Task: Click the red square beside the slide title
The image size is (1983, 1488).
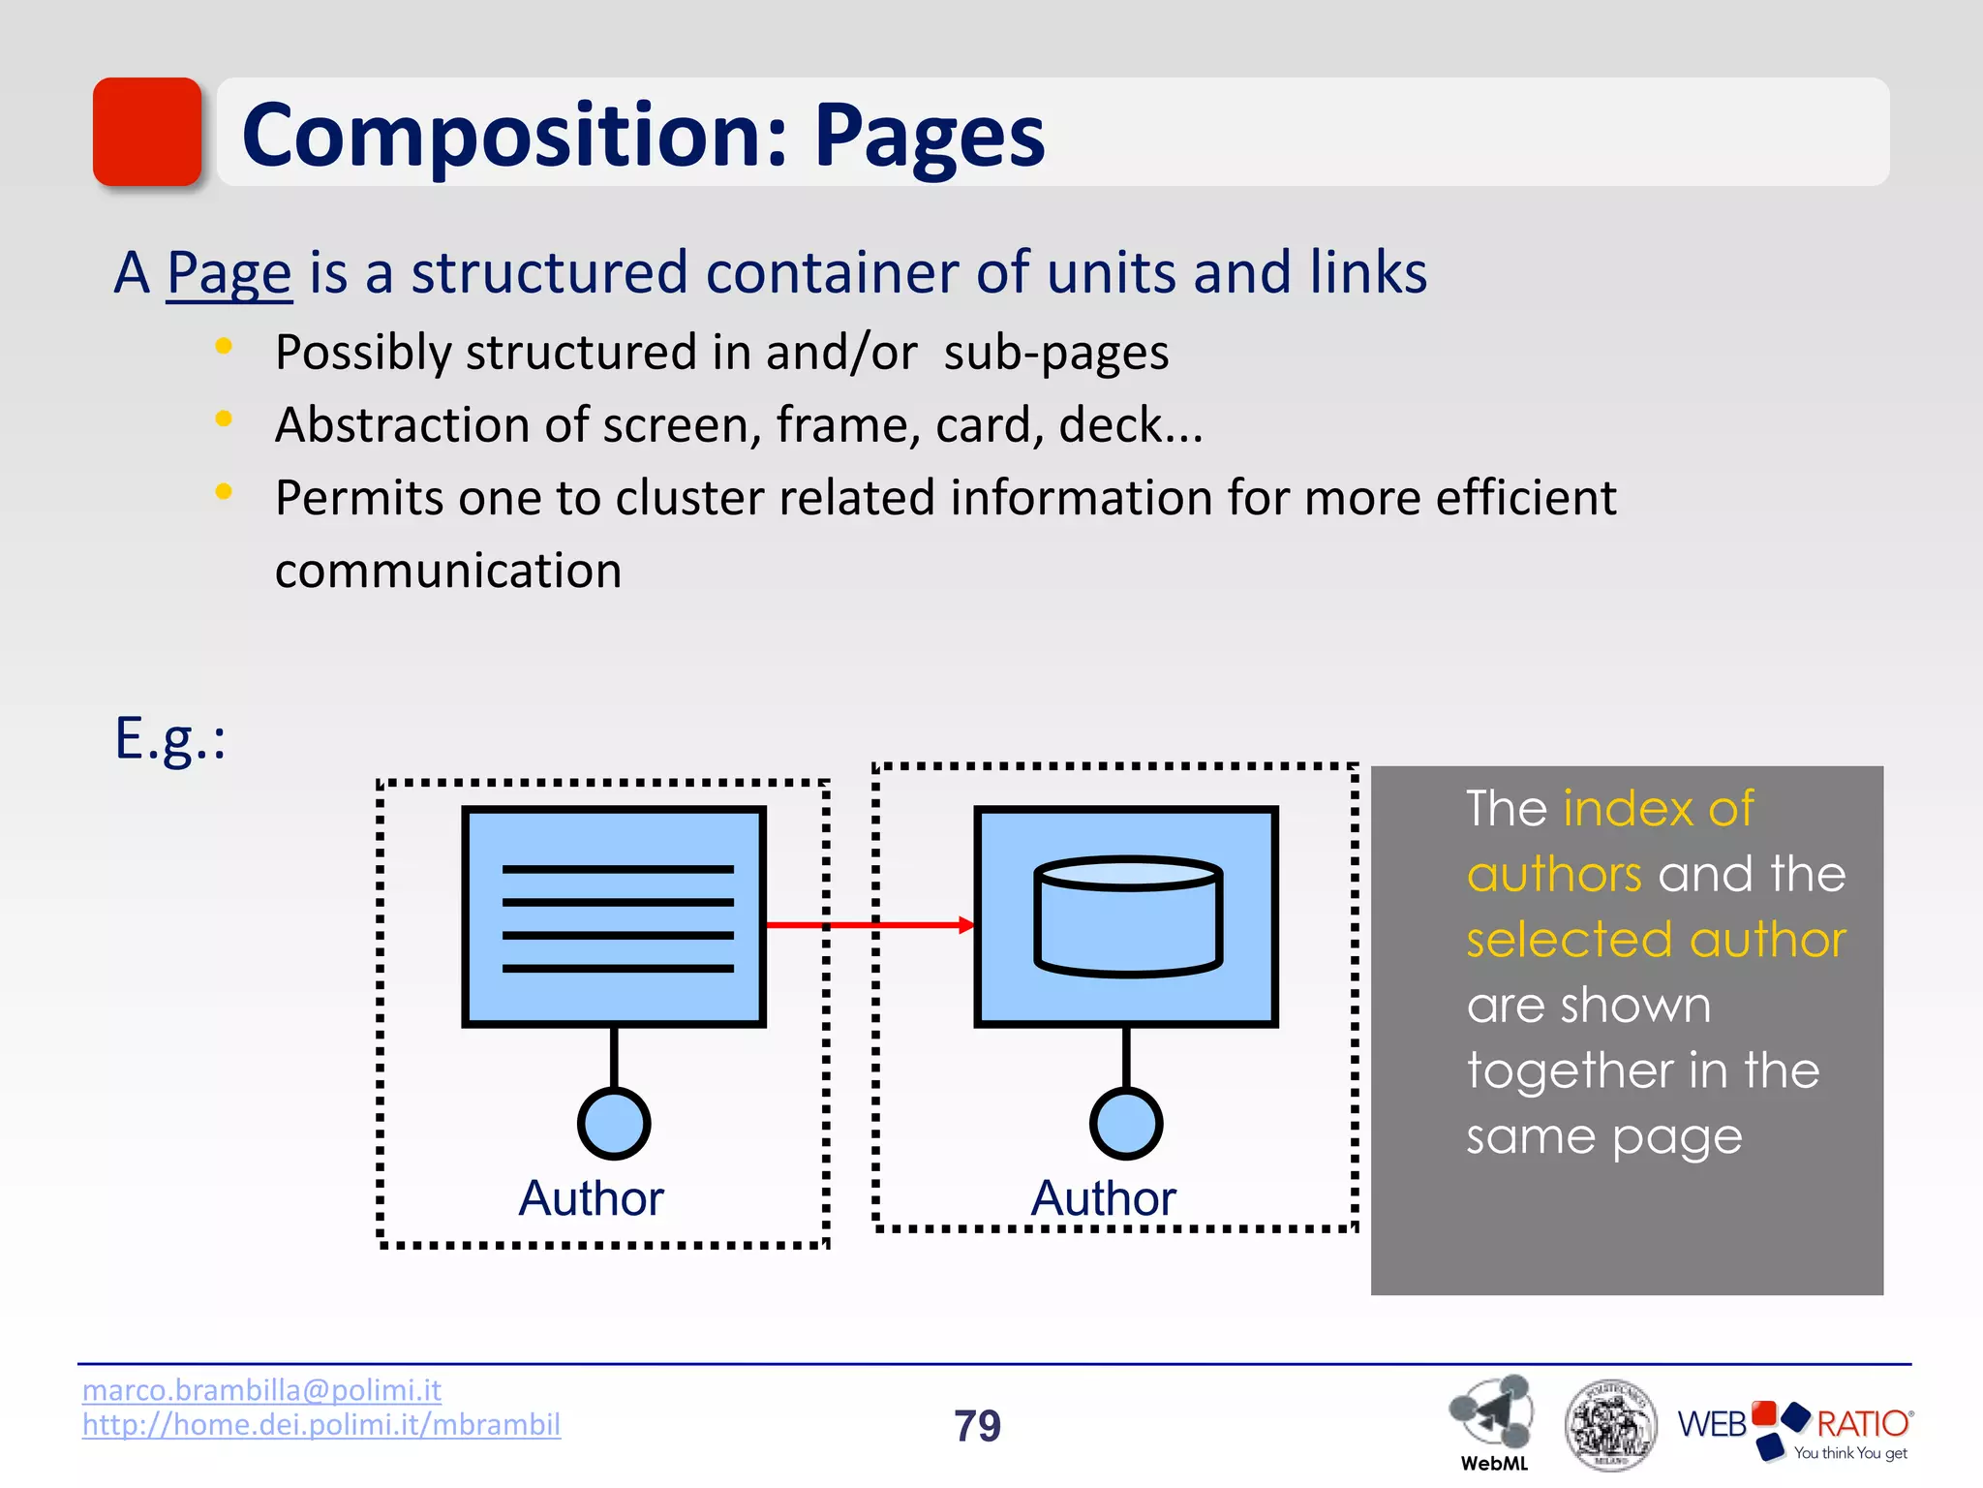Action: click(147, 132)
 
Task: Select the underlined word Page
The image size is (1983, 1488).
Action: click(229, 273)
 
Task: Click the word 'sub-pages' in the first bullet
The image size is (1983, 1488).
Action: click(1055, 353)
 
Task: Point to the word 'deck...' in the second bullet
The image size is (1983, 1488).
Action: click(1130, 425)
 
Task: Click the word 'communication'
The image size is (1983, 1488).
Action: click(448, 571)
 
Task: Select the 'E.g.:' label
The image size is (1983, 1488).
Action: click(170, 739)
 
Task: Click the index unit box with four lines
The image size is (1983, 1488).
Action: click(614, 916)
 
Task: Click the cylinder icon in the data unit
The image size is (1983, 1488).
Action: click(1127, 916)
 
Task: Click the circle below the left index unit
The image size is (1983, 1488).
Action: click(614, 1123)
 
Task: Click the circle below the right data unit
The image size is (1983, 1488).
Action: click(1126, 1123)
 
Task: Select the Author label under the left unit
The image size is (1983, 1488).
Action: click(591, 1198)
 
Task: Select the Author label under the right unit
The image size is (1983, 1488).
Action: click(1103, 1198)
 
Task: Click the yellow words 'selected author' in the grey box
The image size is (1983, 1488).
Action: click(1656, 940)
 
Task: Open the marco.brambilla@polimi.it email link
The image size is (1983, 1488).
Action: click(261, 1390)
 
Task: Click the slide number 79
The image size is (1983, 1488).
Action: click(977, 1426)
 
